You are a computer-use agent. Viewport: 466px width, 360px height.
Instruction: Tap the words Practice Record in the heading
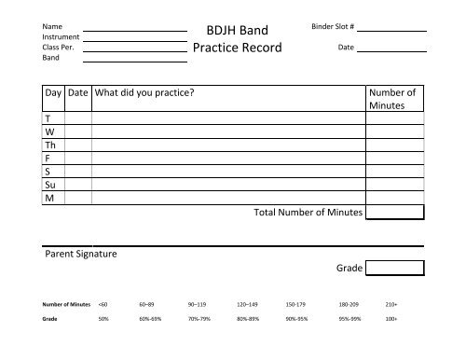click(x=235, y=49)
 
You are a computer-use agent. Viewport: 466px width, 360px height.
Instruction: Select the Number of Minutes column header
click(x=395, y=100)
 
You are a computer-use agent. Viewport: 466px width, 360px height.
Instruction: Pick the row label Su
click(x=50, y=186)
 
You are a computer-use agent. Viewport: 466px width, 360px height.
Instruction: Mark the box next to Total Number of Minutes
click(x=395, y=214)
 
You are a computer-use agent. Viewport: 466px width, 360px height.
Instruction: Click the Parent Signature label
click(x=82, y=255)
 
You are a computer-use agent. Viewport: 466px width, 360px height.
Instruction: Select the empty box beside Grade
click(x=395, y=270)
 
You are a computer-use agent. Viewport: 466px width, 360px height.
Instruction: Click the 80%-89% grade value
click(x=250, y=318)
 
